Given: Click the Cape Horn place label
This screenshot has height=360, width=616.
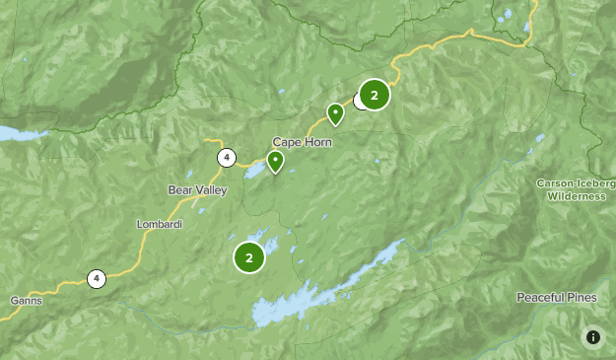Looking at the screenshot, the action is pos(302,142).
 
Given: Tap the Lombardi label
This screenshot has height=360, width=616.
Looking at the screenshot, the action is pos(159,224).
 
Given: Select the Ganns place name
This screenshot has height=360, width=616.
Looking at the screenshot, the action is pos(25,300).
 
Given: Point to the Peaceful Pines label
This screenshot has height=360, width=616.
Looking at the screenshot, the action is pos(556,297).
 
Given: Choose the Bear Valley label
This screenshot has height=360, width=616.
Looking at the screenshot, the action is pos(197,189).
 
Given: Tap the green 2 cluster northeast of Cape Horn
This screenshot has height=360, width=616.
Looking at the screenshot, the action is pos(375,95).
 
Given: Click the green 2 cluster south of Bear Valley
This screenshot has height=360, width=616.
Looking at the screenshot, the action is pos(249,258).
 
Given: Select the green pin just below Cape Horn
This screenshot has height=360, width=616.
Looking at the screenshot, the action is pos(276,161).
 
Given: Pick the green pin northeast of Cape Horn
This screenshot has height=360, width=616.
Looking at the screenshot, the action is pos(336,113).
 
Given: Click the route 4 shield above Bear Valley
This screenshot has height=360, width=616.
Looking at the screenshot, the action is pos(227,158).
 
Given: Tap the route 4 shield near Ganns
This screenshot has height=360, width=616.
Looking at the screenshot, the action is pos(96,279).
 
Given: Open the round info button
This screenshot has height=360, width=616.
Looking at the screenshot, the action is pos(592,337).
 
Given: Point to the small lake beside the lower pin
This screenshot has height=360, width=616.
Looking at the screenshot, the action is pos(255,172).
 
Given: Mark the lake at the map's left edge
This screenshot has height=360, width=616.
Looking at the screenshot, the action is pos(15,133).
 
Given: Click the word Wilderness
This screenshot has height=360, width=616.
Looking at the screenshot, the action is pos(578,196).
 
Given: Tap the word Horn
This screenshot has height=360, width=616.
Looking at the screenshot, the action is pos(317,142).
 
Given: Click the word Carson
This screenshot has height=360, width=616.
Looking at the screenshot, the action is pos(556,183).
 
